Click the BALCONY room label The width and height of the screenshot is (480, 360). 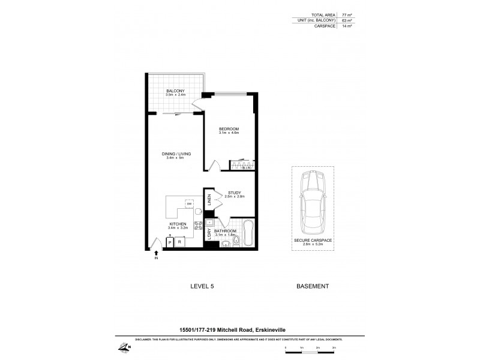(x=176, y=91)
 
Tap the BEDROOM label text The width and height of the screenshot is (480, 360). (x=229, y=129)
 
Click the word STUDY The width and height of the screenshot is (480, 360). (x=234, y=193)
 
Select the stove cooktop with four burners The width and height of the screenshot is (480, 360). (x=197, y=227)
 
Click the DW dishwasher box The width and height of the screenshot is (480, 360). (x=188, y=204)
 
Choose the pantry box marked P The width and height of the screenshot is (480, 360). (x=169, y=241)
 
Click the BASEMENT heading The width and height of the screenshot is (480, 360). (x=312, y=287)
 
